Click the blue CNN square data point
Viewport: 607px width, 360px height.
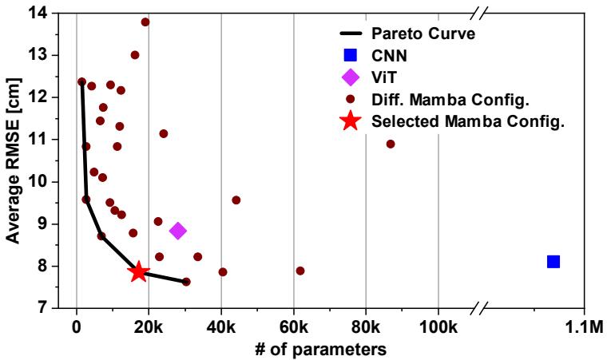pos(553,262)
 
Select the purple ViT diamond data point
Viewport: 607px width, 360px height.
pos(177,231)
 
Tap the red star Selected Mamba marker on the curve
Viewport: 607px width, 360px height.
pos(138,272)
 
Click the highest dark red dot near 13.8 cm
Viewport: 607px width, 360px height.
pos(145,22)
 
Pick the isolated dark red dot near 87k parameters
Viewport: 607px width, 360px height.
pos(391,144)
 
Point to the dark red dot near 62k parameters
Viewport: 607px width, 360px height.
pos(300,271)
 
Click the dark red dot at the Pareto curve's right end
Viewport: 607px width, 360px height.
pos(186,282)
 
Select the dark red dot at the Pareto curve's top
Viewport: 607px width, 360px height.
pos(81,81)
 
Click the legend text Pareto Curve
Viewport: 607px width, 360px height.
pos(423,34)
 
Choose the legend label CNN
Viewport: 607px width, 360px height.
pos(389,56)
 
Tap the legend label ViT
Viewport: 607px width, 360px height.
pos(384,77)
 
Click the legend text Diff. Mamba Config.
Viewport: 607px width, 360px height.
pos(450,100)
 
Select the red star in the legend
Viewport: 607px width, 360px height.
pos(351,121)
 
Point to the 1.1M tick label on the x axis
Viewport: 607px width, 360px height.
pos(584,327)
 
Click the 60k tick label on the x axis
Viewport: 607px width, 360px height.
pos(294,327)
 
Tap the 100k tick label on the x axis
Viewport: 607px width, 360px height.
pos(438,327)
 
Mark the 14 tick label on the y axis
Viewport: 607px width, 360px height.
pos(38,13)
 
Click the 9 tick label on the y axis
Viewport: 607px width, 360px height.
pos(42,224)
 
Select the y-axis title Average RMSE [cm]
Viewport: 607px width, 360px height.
pos(13,160)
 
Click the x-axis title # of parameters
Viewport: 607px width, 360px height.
pos(320,350)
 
